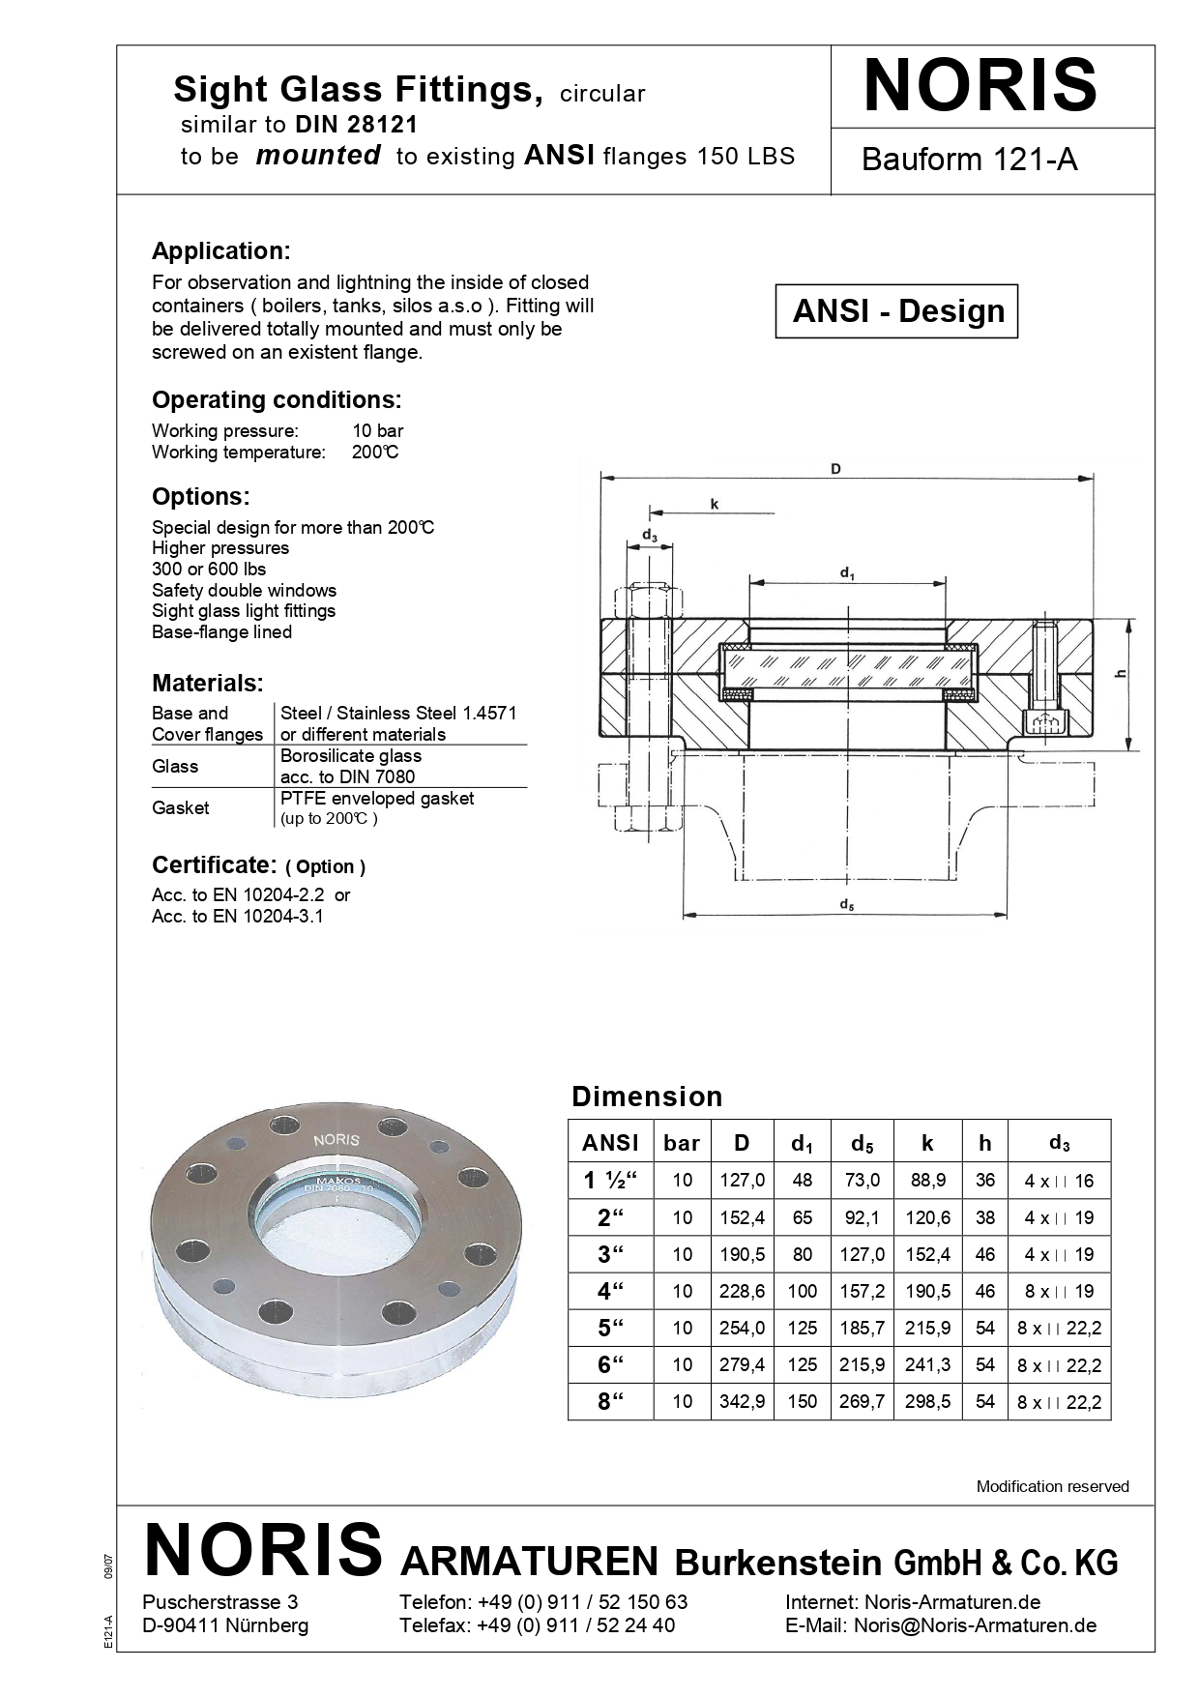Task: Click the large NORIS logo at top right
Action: (980, 86)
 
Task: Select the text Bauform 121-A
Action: (969, 160)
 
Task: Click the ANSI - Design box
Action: (897, 311)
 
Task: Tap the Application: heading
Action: (220, 251)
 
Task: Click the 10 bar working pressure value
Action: (377, 431)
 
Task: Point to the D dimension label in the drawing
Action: (835, 469)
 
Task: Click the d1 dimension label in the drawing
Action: (847, 573)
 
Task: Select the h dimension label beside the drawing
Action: (1122, 674)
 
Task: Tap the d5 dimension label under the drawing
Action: (846, 905)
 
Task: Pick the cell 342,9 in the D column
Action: (742, 1402)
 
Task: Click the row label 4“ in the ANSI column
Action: (610, 1291)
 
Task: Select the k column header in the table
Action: (927, 1143)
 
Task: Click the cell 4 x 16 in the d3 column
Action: (1059, 1181)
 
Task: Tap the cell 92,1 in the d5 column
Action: (862, 1218)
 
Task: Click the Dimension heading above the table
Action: (647, 1097)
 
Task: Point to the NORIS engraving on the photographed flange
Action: (336, 1140)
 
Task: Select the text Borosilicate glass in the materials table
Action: (350, 756)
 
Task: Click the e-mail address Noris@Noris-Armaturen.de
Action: (975, 1625)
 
